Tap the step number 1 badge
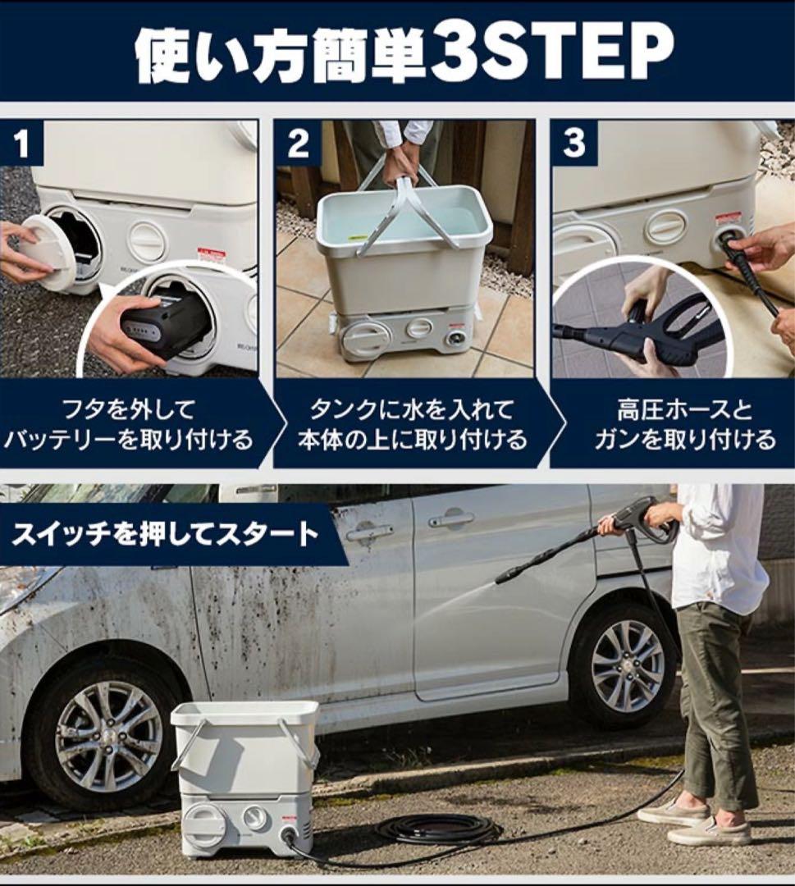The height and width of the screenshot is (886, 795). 21,143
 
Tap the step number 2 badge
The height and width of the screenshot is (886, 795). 298,143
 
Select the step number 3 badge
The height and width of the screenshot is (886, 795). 573,143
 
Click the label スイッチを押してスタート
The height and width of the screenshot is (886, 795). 165,533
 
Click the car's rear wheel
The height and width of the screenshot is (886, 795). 626,665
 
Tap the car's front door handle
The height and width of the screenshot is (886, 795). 369,532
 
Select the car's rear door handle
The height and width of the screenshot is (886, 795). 451,519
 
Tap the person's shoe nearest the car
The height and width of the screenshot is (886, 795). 672,811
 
